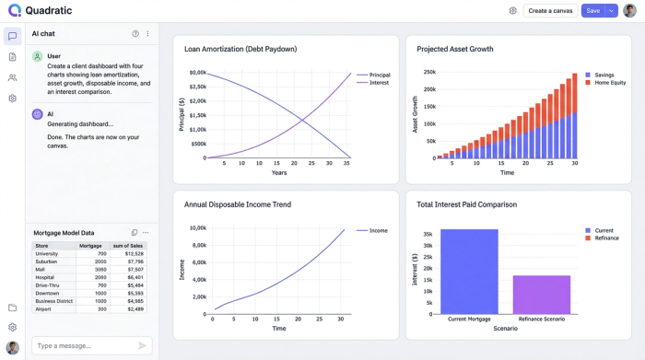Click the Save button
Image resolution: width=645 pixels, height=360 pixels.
(x=592, y=11)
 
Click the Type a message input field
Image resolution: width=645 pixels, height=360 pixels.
(x=81, y=345)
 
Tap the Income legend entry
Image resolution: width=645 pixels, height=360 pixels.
(x=378, y=231)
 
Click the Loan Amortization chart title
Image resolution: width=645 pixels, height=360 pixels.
(x=240, y=49)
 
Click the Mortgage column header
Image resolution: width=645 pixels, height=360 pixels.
(x=90, y=246)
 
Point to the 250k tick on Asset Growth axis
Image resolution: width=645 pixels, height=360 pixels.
(x=429, y=72)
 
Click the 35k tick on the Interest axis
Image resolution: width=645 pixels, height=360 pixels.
(x=428, y=234)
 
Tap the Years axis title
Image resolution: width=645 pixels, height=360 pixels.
(x=278, y=172)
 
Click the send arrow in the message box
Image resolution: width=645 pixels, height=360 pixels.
(x=142, y=345)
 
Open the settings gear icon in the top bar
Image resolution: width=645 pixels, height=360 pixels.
(x=512, y=11)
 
